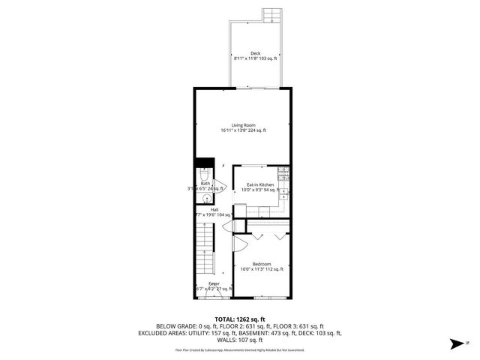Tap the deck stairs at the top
coord(271,15)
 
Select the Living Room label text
coord(243,128)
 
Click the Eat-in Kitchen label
coord(256,187)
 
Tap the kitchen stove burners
coord(283,175)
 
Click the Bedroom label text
coord(261,266)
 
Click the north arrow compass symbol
coord(455,344)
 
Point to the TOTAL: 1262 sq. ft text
coord(240,319)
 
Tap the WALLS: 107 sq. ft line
coord(240,340)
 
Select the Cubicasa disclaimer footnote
coord(240,349)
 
